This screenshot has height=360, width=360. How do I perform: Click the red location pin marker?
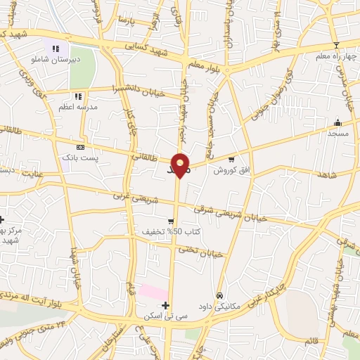point(181,164)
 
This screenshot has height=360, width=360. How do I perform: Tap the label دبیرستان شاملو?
point(60,60)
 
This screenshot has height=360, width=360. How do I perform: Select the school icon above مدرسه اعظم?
point(78,96)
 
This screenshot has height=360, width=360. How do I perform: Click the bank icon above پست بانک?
point(80,147)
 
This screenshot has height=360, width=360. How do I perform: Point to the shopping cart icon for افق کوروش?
point(231,160)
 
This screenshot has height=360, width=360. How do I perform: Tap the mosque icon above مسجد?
point(337,122)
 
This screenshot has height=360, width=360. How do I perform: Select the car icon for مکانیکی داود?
point(220,295)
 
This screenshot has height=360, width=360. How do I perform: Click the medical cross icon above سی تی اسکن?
point(165,305)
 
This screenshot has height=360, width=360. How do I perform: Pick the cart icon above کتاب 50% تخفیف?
point(170,221)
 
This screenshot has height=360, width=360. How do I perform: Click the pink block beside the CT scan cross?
point(152,292)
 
